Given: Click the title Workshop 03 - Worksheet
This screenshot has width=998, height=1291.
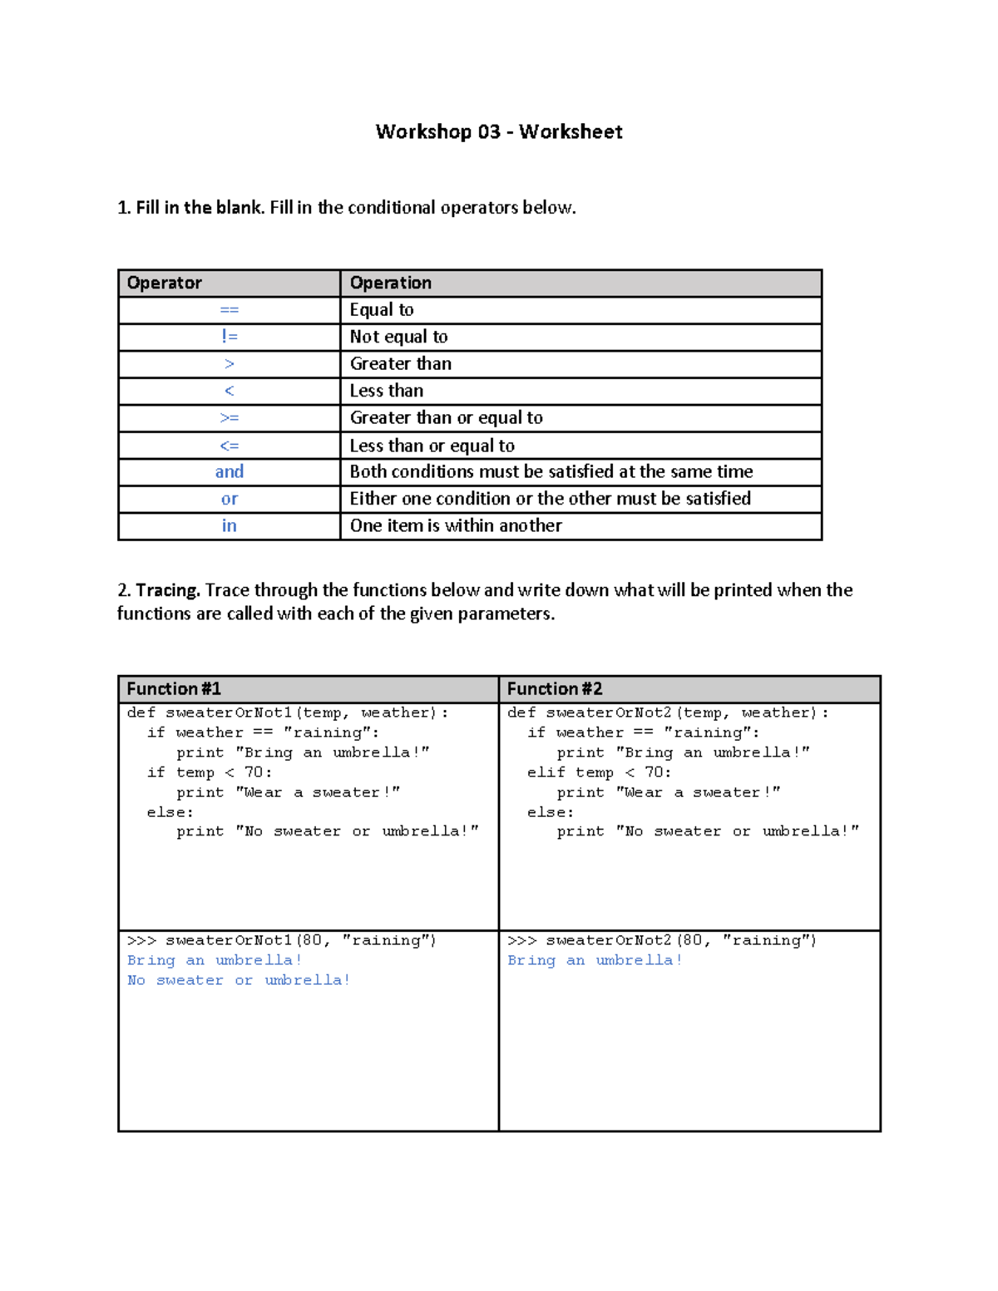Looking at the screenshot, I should [x=498, y=131].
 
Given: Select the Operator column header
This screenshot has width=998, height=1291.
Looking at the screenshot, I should [x=164, y=283].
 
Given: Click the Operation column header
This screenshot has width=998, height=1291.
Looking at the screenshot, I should [x=390, y=283].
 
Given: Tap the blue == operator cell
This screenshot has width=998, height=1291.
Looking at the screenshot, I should [x=229, y=310].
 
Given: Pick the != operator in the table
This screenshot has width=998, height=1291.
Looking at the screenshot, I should [x=229, y=337].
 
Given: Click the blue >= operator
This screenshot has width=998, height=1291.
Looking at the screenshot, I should [x=229, y=418].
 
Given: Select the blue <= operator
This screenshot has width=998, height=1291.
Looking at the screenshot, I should [x=229, y=446].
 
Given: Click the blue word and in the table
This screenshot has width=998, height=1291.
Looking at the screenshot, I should [x=229, y=472].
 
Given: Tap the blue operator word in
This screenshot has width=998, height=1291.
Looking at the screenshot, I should [x=229, y=525].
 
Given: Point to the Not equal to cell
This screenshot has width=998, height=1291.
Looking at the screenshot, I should [x=398, y=337].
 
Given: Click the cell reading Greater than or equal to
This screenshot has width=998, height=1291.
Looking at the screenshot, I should [x=446, y=418].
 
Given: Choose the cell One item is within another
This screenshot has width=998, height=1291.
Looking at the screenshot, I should [x=456, y=525].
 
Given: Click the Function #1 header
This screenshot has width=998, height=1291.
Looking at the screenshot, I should [x=174, y=688].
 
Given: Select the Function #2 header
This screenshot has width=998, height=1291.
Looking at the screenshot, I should [x=555, y=688].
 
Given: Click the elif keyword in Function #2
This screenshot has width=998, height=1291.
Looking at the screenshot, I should [x=545, y=772].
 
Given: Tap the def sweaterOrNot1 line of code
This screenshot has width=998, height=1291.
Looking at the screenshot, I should [x=287, y=712].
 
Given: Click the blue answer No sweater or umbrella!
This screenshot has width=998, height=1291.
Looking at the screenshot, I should [x=239, y=980].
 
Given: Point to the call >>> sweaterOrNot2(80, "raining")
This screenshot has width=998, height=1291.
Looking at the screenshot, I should [x=662, y=940].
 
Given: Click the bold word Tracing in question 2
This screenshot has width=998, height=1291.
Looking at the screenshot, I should [x=167, y=590].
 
